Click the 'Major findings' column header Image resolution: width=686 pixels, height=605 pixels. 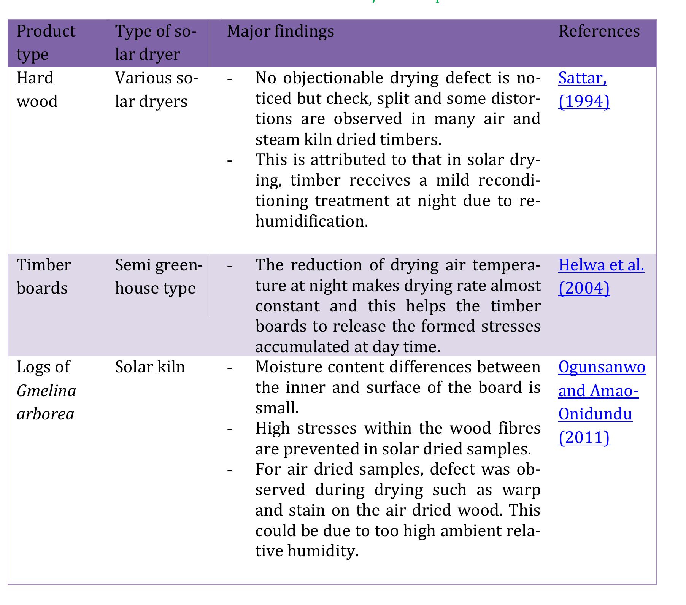pos(280,31)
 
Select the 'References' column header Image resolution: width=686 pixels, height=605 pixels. pos(599,31)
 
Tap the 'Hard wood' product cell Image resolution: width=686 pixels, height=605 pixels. pos(37,90)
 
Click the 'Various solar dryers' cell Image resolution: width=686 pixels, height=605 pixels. pos(156,90)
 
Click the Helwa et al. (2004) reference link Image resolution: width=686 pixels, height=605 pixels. pos(601,276)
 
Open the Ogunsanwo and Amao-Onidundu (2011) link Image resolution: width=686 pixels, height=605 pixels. pos(602,402)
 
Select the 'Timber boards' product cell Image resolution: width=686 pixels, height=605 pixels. pos(43,276)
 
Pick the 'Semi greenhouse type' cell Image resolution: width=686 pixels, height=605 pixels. pos(159,276)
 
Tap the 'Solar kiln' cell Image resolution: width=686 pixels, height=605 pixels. pos(150,367)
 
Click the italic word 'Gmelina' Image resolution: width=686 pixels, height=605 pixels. pos(46,391)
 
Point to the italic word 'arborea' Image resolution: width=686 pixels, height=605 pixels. pos(45,414)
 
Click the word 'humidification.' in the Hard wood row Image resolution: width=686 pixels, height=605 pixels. pos(312,221)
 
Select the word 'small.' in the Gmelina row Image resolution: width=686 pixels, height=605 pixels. pos(277,408)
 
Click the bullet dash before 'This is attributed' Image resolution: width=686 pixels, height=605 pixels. pos(230,160)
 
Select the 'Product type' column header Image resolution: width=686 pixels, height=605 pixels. pos(46,43)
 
